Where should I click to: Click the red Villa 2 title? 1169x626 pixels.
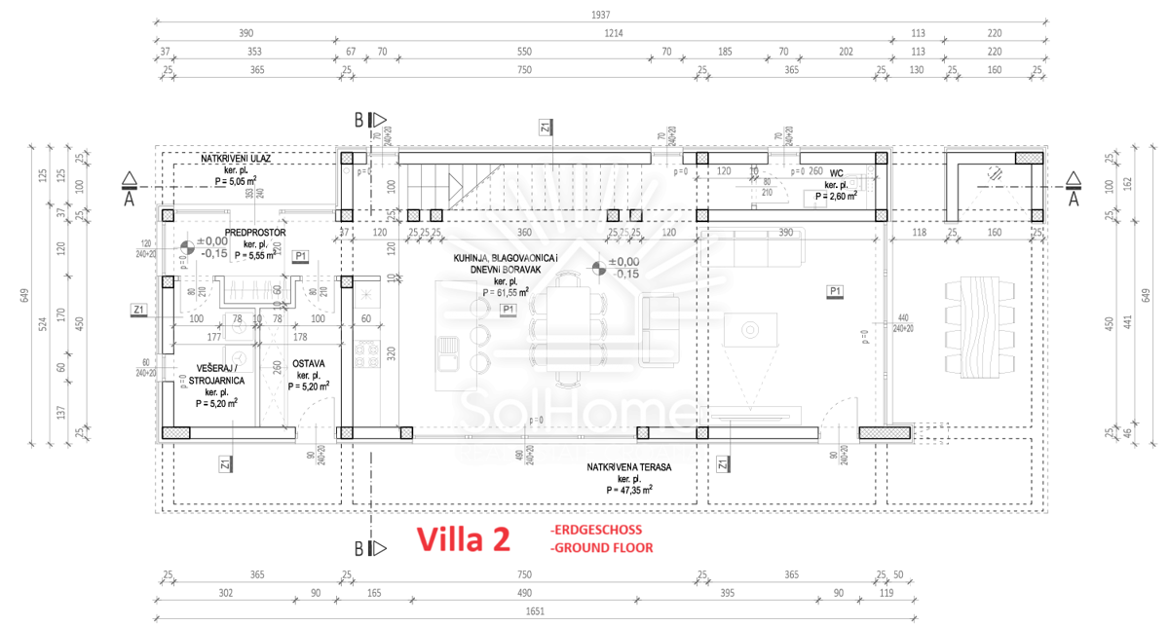(x=464, y=540)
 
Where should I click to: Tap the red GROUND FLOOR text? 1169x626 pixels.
(x=601, y=548)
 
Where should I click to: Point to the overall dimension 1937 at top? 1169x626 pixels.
(x=601, y=15)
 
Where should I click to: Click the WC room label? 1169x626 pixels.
(x=836, y=173)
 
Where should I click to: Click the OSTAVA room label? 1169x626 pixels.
(x=309, y=364)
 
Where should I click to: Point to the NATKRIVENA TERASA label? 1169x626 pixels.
(x=628, y=467)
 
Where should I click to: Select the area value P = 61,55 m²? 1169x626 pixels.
(x=505, y=291)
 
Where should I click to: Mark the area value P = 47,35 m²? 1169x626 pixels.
(x=628, y=490)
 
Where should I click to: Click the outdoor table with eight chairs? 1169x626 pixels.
(x=974, y=326)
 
